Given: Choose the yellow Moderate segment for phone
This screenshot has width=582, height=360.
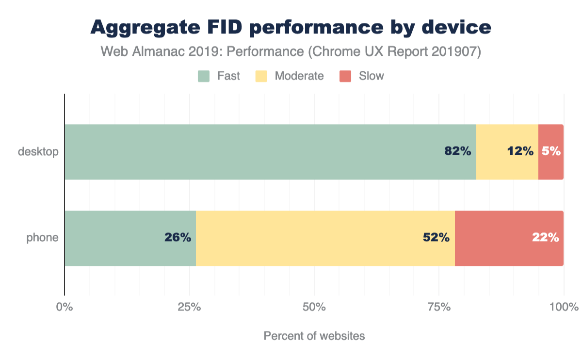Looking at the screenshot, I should coord(325,238).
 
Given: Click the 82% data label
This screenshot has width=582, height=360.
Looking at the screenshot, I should coord(458,151).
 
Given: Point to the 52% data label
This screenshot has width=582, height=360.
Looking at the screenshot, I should coord(436,238).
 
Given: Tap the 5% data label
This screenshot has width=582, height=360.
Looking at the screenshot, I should coord(551,151).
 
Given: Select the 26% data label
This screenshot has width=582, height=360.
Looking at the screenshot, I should coord(178,238).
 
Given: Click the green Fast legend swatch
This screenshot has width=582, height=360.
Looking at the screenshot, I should coord(204,76).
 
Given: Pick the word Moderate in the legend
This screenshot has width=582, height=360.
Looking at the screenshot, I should coord(299,76).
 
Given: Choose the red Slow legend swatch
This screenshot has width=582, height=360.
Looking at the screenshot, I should coord(345,76).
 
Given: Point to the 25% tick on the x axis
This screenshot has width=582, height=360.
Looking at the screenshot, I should coord(189,307).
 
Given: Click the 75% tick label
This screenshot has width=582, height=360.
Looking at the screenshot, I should coord(438,307).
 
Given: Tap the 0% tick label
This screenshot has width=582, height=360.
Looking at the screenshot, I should coord(65,307).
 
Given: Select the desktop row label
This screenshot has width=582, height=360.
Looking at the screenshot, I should coord(38,152).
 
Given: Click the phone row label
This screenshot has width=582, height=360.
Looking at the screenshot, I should coord(43,238).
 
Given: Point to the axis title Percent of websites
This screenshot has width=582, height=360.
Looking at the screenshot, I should coord(314,336).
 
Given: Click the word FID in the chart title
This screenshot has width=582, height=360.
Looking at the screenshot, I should coord(225,27).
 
